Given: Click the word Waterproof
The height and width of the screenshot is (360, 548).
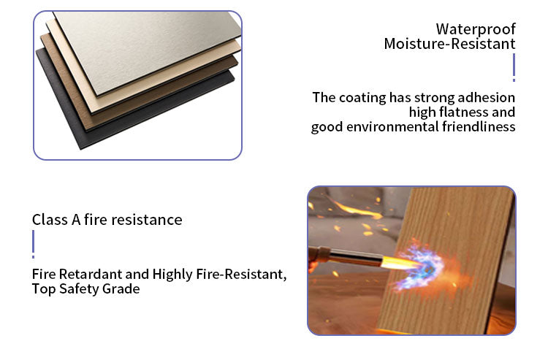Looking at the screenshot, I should point(476,29).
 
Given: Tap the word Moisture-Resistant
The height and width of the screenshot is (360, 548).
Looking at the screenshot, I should point(449,45).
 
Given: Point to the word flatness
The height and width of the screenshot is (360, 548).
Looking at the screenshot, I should point(463,112).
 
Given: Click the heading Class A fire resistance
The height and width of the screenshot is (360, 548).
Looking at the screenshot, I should point(107,220).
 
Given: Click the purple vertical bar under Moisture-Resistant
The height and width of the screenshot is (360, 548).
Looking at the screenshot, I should point(514,67).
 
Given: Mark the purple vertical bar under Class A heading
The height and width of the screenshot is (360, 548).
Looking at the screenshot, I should point(34,244).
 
